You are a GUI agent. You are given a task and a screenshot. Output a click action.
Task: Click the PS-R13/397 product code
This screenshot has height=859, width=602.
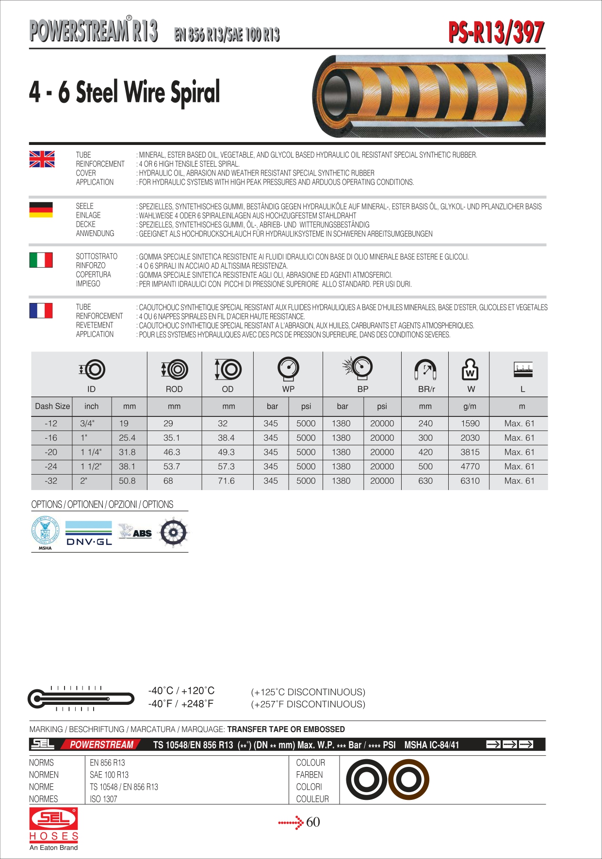coord(496,32)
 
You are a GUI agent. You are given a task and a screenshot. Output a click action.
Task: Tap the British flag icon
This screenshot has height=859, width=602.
coord(42,159)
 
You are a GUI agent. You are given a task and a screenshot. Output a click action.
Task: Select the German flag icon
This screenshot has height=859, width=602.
coord(41,209)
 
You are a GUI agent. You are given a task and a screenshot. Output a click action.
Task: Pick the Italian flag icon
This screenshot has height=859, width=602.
coord(41,260)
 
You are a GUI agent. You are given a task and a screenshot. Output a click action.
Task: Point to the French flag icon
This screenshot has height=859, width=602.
coord(41,310)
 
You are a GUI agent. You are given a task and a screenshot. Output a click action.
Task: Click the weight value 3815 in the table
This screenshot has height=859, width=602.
coord(470,452)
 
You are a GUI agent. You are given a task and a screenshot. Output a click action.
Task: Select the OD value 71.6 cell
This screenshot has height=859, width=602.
coord(226,481)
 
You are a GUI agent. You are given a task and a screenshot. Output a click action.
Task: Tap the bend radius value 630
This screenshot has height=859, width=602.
coord(425,481)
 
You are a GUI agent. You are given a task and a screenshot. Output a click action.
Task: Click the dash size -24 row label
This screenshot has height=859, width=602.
coord(51,466)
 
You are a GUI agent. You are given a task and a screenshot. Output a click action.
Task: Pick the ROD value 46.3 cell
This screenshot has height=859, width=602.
coord(172,452)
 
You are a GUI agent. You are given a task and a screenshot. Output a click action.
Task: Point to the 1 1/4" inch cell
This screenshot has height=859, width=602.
coord(91,452)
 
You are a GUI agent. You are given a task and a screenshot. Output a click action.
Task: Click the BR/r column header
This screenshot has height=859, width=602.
coord(426,389)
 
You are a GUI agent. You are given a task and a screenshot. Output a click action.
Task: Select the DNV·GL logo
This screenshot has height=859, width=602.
coord(89,533)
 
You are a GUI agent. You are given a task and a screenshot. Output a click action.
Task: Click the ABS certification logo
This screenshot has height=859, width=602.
coord(136,532)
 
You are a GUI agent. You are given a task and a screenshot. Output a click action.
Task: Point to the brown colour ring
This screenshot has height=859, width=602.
coord(408,779)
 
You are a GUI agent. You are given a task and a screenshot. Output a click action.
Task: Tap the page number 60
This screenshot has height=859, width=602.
coord(313,822)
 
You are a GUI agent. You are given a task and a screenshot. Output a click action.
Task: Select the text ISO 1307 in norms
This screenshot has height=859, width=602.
coord(103,799)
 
